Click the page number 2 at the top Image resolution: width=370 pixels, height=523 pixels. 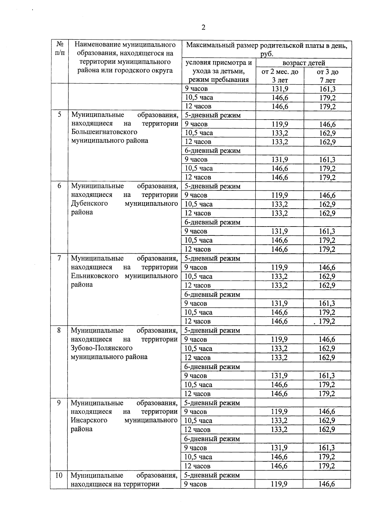click(203, 28)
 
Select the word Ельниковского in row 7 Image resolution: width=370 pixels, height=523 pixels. click(95, 276)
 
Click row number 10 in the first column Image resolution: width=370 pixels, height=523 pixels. click(59, 475)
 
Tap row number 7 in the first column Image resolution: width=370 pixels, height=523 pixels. click(59, 258)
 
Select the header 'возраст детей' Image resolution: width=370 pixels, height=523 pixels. click(304, 63)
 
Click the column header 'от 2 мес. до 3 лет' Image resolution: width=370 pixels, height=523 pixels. click(280, 76)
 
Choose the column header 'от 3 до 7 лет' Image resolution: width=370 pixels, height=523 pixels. click(327, 76)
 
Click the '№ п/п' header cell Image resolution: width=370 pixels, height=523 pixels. click(60, 48)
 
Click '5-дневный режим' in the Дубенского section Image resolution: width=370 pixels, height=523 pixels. click(212, 186)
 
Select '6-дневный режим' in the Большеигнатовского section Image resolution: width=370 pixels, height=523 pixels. click(212, 151)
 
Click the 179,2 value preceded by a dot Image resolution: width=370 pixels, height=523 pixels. click(327, 321)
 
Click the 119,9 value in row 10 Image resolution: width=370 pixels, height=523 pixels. click(279, 484)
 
